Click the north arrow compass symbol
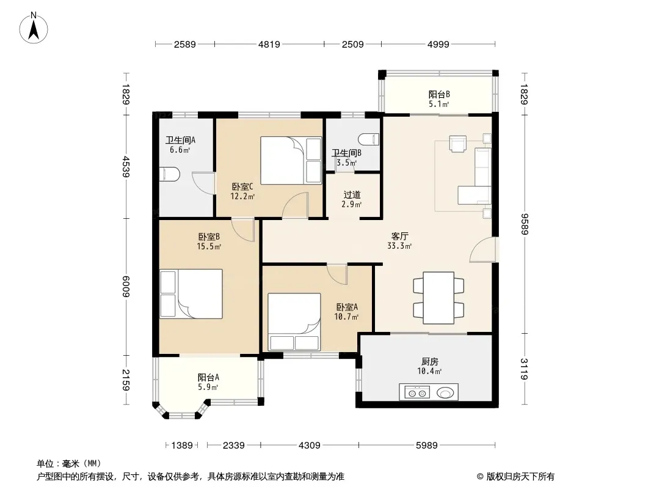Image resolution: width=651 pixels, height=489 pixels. (x=34, y=28)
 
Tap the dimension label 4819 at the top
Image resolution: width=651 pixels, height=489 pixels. (x=269, y=44)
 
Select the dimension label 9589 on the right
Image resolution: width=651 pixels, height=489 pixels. (x=525, y=224)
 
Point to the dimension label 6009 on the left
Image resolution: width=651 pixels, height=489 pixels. (x=126, y=287)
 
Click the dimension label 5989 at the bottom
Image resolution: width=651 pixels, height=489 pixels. (x=427, y=446)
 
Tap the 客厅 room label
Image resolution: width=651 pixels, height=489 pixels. (x=399, y=237)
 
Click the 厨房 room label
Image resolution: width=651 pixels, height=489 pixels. (x=430, y=362)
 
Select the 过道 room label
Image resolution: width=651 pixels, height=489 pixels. (x=352, y=194)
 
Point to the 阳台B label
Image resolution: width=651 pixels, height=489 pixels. (x=439, y=94)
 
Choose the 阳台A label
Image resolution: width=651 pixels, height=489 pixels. (x=208, y=377)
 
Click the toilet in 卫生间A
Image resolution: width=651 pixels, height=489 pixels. (x=169, y=175)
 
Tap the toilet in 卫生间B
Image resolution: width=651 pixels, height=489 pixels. (x=369, y=139)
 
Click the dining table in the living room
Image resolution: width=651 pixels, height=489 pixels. (x=438, y=298)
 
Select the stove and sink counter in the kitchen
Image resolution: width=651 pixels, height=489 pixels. (x=429, y=392)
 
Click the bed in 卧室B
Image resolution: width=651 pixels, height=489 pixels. (x=191, y=294)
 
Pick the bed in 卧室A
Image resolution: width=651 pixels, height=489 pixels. (x=294, y=322)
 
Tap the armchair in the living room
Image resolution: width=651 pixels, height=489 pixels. (x=457, y=144)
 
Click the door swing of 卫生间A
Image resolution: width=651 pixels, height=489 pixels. (x=203, y=183)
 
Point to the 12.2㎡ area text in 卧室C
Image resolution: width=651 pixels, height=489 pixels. (x=242, y=196)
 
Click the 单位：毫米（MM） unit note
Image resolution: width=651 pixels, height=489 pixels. (x=69, y=464)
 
